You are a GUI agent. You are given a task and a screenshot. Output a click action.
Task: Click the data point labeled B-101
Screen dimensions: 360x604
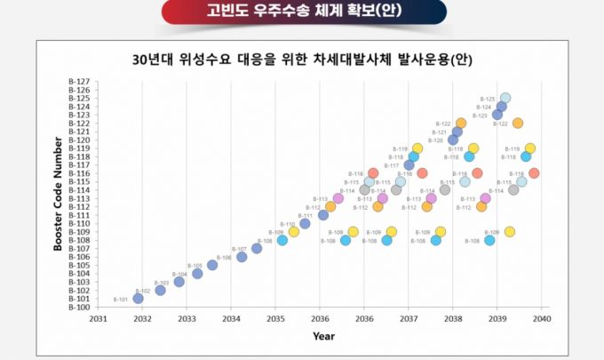[138, 299]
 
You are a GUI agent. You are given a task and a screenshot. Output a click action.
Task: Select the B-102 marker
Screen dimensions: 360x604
[160, 291]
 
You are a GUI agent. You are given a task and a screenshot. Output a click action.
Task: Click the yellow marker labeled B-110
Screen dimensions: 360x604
[294, 231]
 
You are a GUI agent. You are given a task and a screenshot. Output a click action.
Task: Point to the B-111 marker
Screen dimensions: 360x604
[323, 215]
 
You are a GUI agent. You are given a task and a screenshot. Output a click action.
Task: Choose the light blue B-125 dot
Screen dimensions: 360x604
[505, 99]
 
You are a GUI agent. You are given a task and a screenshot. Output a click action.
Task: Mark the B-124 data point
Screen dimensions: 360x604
[501, 107]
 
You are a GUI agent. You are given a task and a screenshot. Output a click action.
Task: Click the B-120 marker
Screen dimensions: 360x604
[453, 140]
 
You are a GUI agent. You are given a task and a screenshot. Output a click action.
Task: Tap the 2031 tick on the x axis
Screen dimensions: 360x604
[98, 318]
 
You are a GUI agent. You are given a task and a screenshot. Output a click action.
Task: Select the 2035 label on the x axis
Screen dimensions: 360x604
[275, 318]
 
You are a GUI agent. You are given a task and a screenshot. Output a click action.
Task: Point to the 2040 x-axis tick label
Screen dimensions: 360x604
[542, 318]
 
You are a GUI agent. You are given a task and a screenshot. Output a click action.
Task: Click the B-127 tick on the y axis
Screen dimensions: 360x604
[78, 82]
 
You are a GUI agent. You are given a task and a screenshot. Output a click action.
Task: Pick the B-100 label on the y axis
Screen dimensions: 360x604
[78, 308]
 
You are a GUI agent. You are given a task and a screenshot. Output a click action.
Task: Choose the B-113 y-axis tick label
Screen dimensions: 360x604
[78, 199]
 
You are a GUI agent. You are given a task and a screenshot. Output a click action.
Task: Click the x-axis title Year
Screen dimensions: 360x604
[323, 336]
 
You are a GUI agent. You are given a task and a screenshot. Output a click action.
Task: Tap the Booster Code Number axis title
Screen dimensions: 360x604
[58, 194]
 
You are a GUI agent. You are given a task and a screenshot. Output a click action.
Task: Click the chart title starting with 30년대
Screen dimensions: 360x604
[301, 60]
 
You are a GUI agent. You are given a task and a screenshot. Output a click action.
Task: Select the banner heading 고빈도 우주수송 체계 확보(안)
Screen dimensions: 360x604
[301, 12]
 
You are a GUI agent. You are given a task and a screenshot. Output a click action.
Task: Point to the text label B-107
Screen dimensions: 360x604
[239, 249]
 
